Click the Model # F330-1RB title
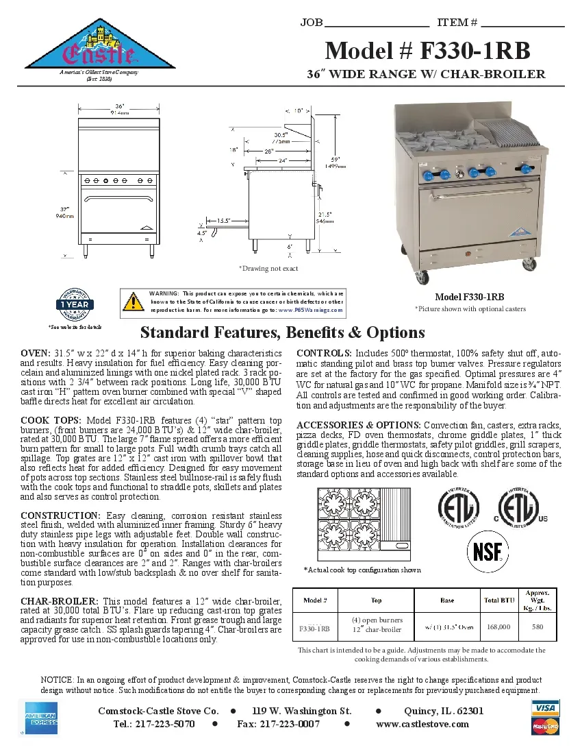(x=427, y=51)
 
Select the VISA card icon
(x=545, y=707)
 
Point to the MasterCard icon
(x=545, y=727)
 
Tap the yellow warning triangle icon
(x=132, y=300)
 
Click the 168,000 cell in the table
(x=497, y=627)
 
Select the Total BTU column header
(x=498, y=600)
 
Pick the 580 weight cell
(x=537, y=627)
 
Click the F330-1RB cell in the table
(x=315, y=628)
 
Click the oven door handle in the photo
(x=475, y=187)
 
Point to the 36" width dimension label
(x=119, y=107)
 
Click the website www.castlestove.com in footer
(x=422, y=724)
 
